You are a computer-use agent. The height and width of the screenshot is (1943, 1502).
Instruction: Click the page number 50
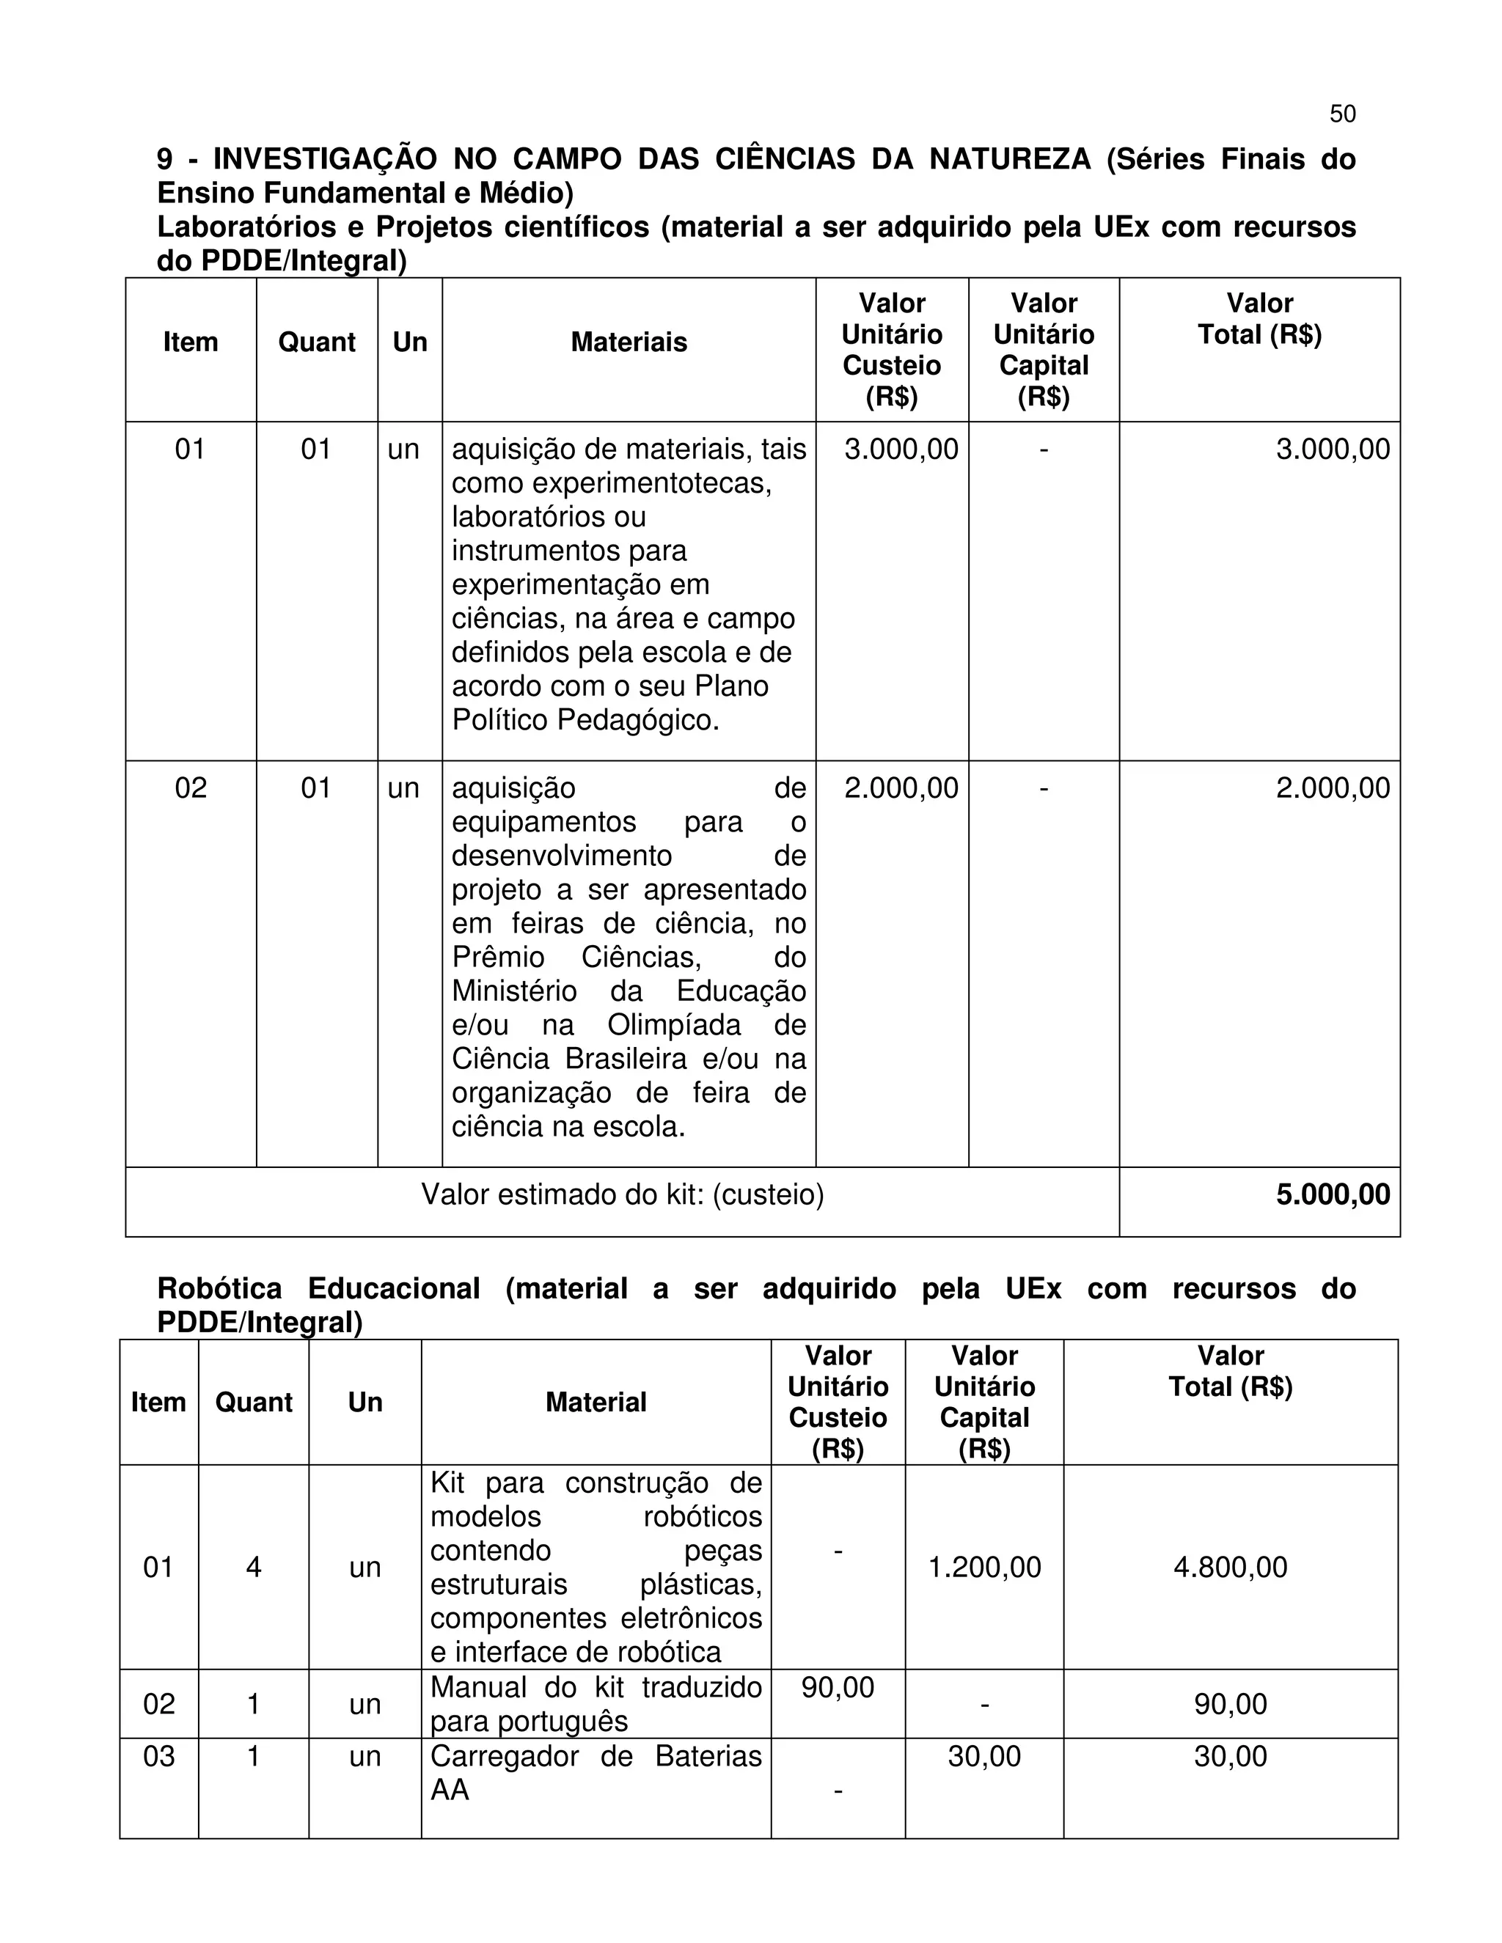[x=1342, y=114]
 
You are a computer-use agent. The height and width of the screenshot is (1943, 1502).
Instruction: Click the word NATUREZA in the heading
[x=1009, y=159]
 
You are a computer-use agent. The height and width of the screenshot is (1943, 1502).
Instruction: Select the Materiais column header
[x=629, y=342]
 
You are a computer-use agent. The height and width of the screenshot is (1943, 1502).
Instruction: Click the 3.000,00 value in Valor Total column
[x=1332, y=449]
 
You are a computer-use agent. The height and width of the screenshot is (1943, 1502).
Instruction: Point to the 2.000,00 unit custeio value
[x=901, y=788]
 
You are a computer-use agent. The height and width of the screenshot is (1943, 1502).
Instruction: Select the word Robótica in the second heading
[x=219, y=1288]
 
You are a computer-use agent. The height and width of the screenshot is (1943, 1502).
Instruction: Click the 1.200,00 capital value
[x=984, y=1567]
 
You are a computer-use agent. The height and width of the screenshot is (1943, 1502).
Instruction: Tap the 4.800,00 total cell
[x=1230, y=1567]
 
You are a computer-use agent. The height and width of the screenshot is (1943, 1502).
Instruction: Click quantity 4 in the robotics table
[x=254, y=1567]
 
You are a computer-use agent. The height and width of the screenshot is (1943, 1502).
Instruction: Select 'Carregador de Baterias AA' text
[x=596, y=1772]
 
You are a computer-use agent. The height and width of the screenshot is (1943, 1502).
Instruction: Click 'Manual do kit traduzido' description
[x=596, y=1688]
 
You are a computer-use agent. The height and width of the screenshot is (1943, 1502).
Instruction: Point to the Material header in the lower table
[x=596, y=1402]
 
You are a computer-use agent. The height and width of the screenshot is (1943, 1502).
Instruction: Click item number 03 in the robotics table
[x=159, y=1756]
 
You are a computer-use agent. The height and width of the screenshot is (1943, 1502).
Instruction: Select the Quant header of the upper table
[x=317, y=342]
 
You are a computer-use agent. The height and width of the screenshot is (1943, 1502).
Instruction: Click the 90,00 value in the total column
[x=1230, y=1704]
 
